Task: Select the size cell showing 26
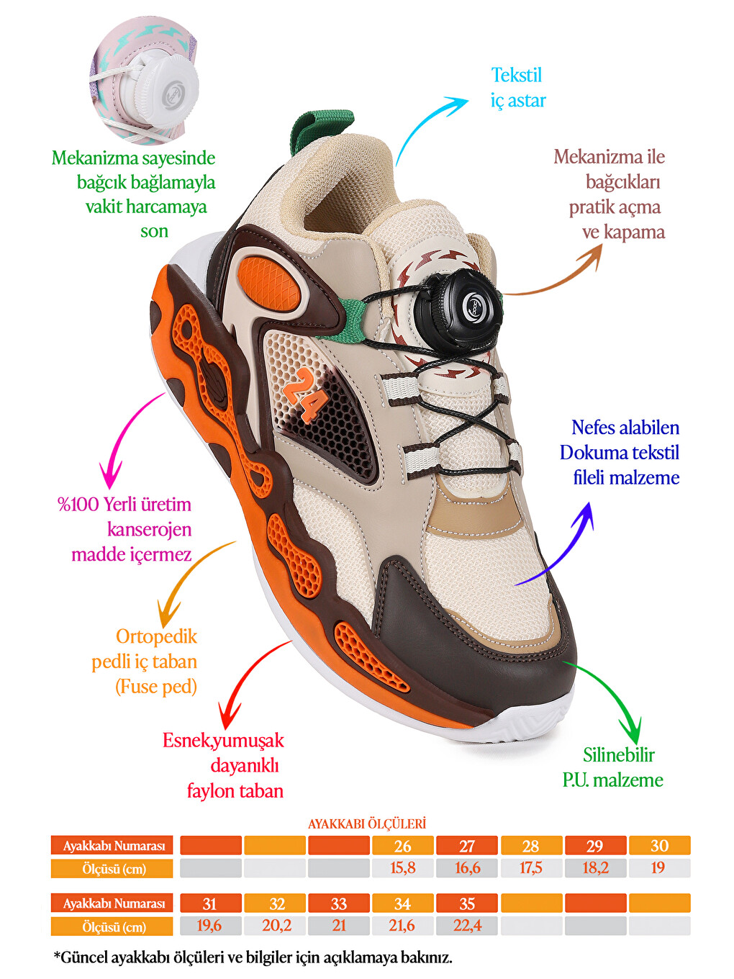click(402, 845)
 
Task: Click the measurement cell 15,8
click(402, 868)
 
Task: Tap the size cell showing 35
click(466, 903)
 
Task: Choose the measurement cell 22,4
click(466, 926)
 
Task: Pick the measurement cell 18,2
click(595, 868)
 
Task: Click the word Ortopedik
click(156, 637)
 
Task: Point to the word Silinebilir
click(619, 755)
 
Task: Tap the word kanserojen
click(149, 529)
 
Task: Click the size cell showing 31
click(210, 903)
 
